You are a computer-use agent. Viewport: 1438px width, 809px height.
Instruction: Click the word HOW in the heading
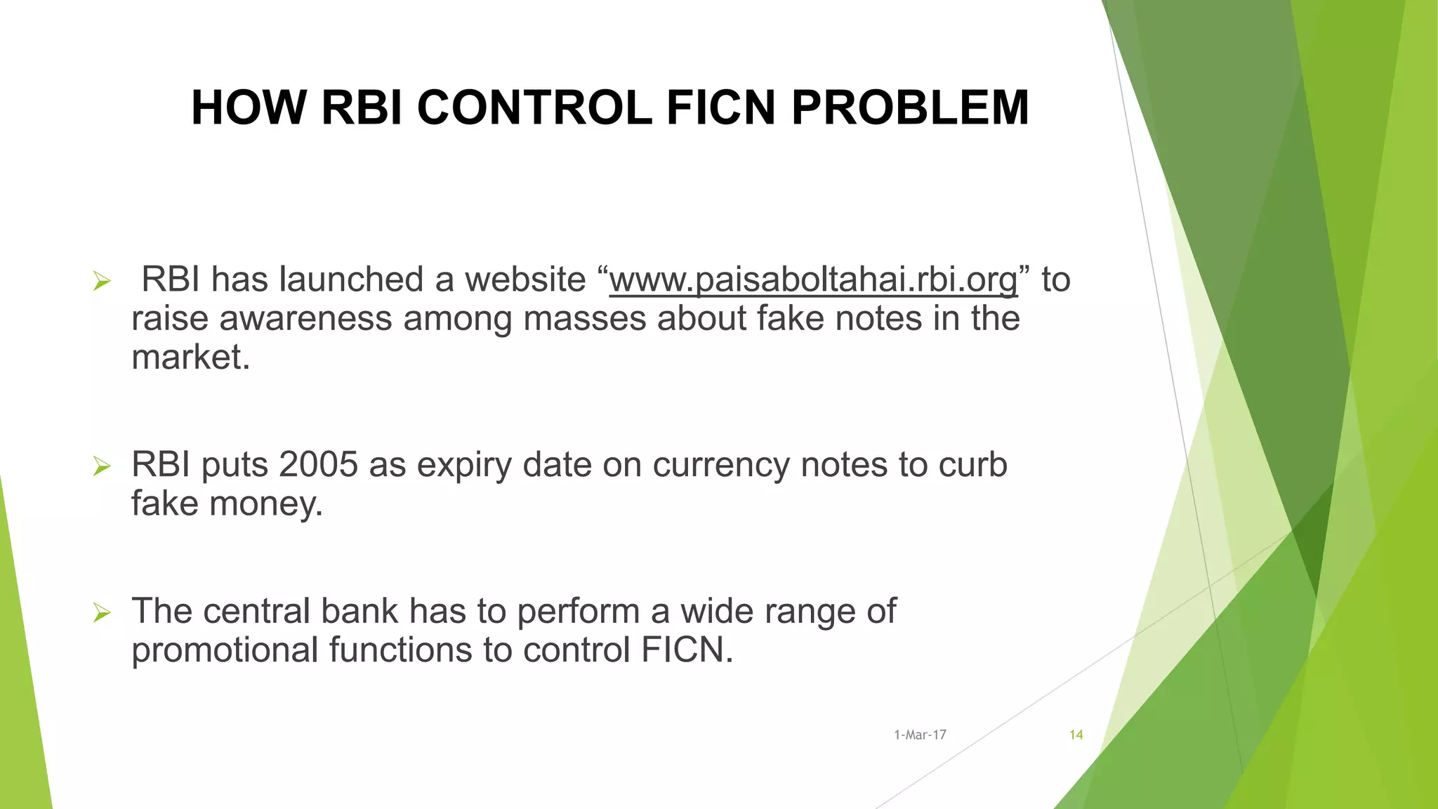point(249,108)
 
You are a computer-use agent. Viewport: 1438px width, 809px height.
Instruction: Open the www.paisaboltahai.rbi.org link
point(813,280)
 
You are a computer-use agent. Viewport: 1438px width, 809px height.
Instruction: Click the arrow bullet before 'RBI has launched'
point(102,282)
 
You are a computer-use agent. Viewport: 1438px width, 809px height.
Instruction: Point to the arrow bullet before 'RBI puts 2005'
point(102,466)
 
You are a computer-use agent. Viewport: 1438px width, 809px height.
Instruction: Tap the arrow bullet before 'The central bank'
point(102,613)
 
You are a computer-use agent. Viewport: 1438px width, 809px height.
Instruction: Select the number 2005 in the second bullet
point(318,465)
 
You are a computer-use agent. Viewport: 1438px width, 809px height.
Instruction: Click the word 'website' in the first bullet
point(525,280)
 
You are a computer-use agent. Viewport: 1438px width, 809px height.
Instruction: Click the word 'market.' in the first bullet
point(190,357)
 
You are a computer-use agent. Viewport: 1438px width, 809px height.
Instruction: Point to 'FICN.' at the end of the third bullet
point(687,650)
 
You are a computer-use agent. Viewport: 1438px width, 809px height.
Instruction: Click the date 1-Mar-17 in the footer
point(920,735)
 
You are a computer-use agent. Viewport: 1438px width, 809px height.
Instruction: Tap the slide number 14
point(1076,735)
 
